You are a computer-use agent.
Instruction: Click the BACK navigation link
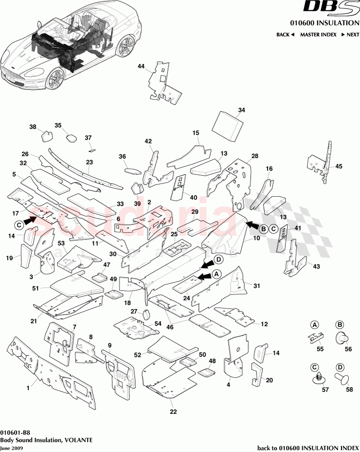pyautogui.click(x=285, y=35)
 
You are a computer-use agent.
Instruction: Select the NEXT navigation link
pyautogui.click(x=350, y=35)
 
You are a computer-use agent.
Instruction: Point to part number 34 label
pyautogui.click(x=241, y=110)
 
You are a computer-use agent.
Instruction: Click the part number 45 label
pyautogui.click(x=339, y=166)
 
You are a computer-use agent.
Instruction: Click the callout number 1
pyautogui.click(x=28, y=388)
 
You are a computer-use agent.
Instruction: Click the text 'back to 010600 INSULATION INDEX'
pyautogui.click(x=308, y=448)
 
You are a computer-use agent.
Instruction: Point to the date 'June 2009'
pyautogui.click(x=11, y=448)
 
